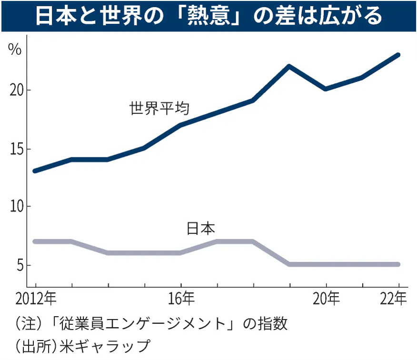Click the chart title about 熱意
(x=208, y=16)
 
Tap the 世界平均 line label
(x=159, y=108)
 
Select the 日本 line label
(x=200, y=228)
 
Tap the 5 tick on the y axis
(x=20, y=265)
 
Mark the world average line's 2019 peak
(x=289, y=66)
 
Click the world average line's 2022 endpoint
(x=398, y=55)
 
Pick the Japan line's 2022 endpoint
(x=398, y=264)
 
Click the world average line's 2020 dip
(x=326, y=89)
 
